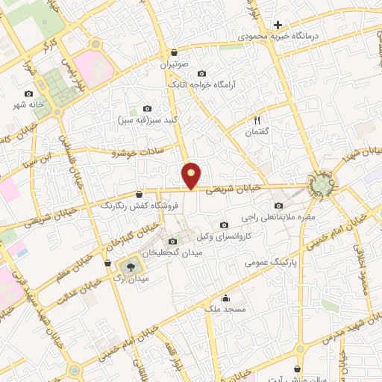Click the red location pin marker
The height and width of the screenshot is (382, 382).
coord(192,175)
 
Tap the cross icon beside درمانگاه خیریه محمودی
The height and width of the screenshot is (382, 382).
coord(278,25)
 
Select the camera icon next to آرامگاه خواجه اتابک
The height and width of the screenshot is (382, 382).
coord(202,73)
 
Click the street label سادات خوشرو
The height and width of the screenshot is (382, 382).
coord(132,153)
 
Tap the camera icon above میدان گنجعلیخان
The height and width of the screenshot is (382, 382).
coord(173,241)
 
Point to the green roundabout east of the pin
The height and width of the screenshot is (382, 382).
coord(322,184)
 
